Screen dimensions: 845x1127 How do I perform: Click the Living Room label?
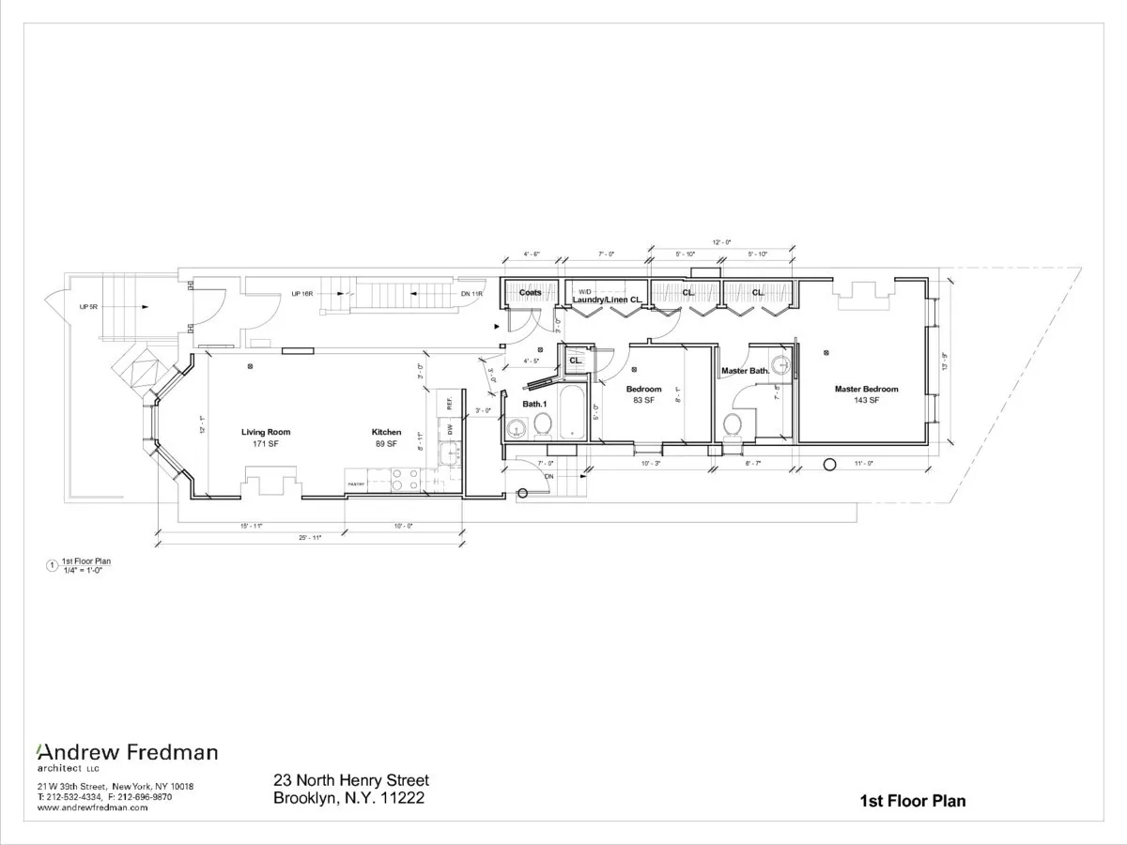(x=266, y=432)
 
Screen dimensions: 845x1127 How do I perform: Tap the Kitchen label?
(x=386, y=432)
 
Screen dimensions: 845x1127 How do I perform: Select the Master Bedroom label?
(x=866, y=389)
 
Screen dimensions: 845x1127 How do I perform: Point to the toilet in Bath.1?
(x=542, y=425)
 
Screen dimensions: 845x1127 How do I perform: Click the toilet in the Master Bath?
(x=733, y=424)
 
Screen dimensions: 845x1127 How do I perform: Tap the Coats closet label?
(x=531, y=292)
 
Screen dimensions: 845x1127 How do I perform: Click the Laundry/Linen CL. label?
(x=608, y=300)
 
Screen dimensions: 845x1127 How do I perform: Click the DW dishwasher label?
(x=451, y=429)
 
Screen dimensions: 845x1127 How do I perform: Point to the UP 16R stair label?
(x=301, y=294)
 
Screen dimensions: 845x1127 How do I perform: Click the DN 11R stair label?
(x=471, y=294)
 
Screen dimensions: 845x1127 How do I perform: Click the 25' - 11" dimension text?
(x=309, y=537)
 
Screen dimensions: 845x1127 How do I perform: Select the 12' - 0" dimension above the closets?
(x=721, y=242)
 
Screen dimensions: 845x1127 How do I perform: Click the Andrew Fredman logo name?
(x=127, y=752)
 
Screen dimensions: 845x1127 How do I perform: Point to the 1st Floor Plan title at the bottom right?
(x=912, y=801)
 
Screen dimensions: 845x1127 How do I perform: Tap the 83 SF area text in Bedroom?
(x=643, y=401)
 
